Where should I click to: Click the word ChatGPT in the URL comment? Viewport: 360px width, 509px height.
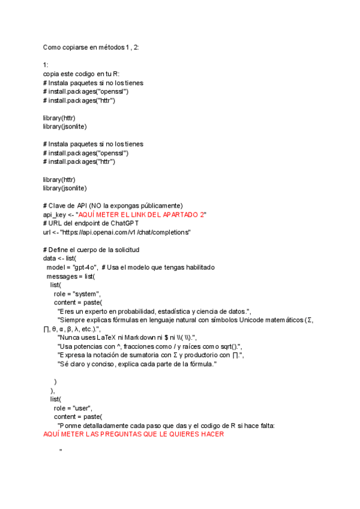click(x=124, y=223)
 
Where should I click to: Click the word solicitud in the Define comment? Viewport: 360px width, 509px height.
click(x=124, y=250)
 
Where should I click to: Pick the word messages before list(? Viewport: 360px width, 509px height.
click(x=62, y=276)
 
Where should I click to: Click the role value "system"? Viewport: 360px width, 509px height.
click(x=95, y=294)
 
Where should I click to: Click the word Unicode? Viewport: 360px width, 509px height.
click(x=241, y=320)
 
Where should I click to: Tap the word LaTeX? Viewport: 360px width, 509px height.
click(x=115, y=337)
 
